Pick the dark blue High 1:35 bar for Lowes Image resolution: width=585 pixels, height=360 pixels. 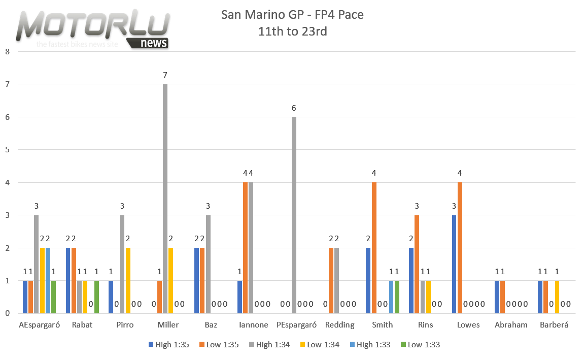coord(454,264)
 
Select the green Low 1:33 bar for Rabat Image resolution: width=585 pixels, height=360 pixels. coord(97,297)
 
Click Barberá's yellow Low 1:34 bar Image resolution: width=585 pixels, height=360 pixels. coord(557,297)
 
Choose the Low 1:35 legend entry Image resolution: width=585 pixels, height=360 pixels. coord(217,345)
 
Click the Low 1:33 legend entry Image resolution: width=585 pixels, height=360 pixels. coord(420,345)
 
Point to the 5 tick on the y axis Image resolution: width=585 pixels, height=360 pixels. coord(7,150)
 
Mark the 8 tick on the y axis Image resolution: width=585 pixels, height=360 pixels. coord(7,51)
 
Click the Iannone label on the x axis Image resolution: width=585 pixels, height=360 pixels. coord(254,325)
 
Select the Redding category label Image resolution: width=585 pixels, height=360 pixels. coord(339,325)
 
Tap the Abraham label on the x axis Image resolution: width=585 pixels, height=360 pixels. coord(511,325)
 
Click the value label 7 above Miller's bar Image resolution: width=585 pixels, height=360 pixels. coord(165,75)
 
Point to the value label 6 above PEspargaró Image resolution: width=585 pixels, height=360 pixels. coord(294,108)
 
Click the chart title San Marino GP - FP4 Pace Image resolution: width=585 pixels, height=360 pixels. coord(292,15)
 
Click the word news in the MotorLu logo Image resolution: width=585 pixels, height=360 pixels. coord(154,43)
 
